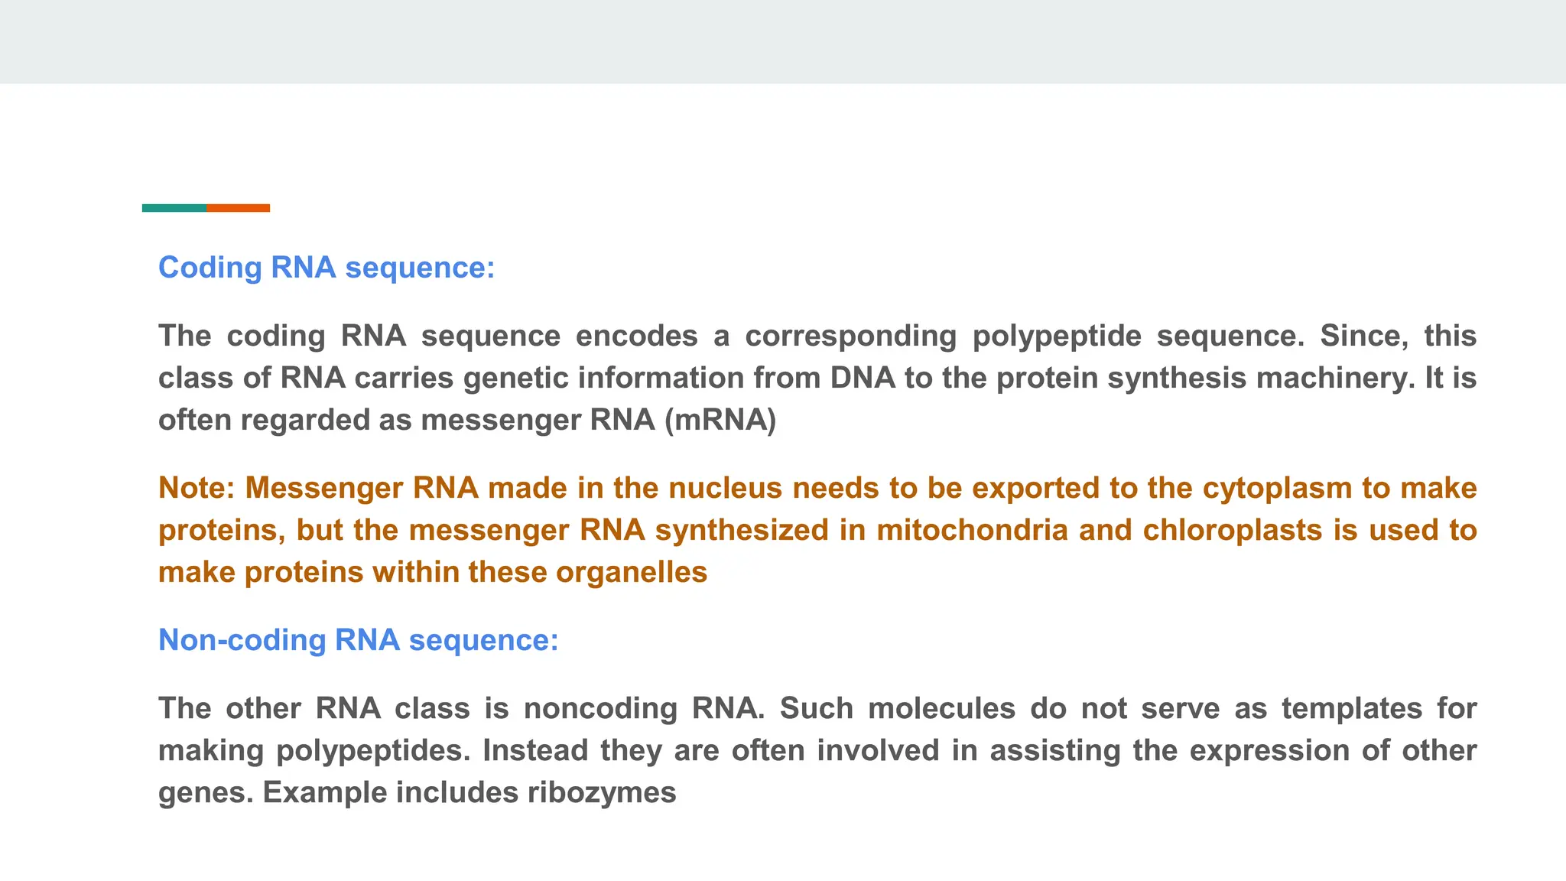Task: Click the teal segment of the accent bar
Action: (x=174, y=208)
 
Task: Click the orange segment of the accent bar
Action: (x=238, y=208)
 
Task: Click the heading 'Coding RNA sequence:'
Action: (x=327, y=268)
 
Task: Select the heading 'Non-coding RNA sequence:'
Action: (x=358, y=640)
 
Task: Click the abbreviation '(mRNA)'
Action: (x=720, y=421)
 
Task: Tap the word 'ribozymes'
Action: (x=602, y=793)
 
